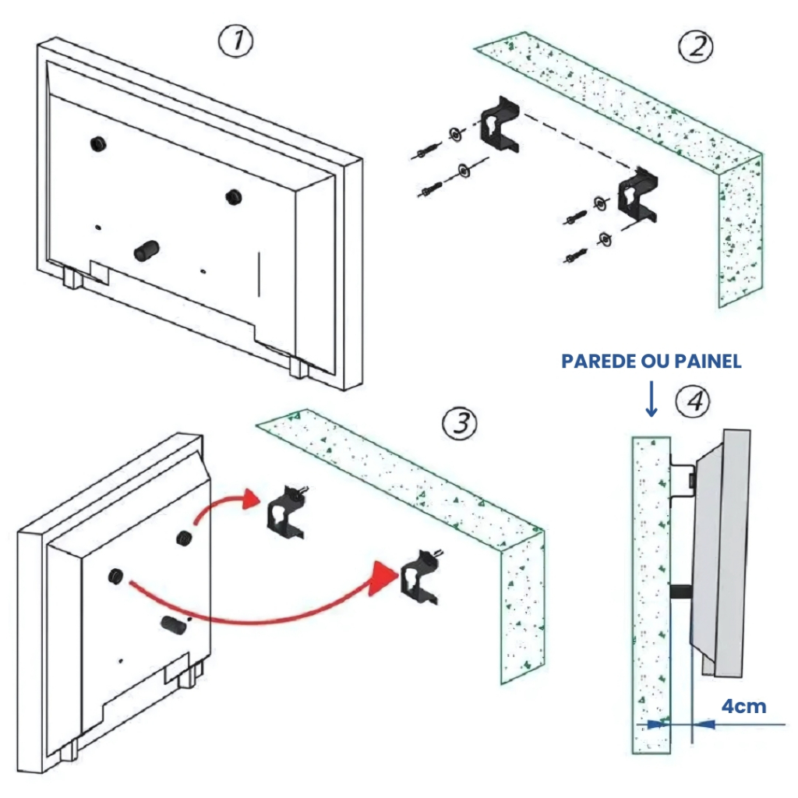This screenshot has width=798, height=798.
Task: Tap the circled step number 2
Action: click(x=695, y=48)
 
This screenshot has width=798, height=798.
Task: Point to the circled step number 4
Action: click(x=693, y=401)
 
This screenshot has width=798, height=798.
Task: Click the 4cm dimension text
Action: click(x=743, y=706)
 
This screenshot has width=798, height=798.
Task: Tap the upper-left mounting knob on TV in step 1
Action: click(x=98, y=143)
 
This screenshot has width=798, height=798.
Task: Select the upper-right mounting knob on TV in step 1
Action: click(x=232, y=196)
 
